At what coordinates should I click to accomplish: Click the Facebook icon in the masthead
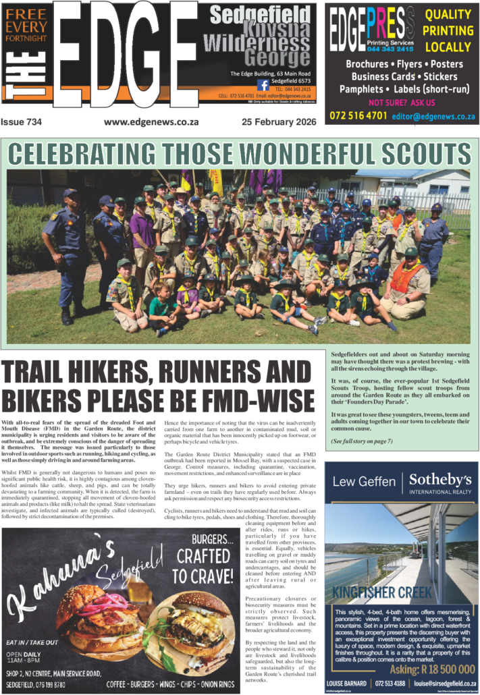263,85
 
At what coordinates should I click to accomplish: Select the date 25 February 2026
277,123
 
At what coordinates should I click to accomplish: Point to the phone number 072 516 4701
358,115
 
